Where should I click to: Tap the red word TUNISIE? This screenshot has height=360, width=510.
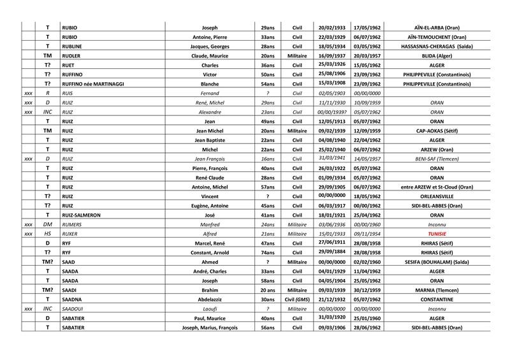coord(436,234)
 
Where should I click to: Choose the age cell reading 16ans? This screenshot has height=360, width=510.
coord(268,159)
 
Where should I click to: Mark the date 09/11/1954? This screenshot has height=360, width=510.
coord(366,234)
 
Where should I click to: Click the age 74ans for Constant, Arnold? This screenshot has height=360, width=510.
coord(268,252)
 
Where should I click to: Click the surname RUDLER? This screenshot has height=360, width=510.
coord(72,55)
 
